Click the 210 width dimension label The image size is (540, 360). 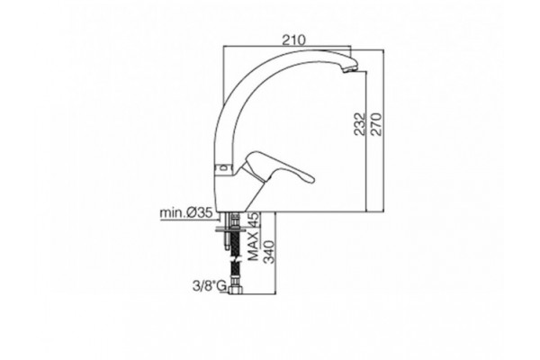293,40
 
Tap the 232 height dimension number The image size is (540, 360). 360,124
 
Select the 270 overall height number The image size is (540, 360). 376,124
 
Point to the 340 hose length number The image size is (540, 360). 269,252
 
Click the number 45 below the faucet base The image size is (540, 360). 254,220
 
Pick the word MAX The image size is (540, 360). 254,246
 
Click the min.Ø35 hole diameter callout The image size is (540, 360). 186,213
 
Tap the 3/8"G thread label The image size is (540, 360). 209,286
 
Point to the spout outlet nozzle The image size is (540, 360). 350,68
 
